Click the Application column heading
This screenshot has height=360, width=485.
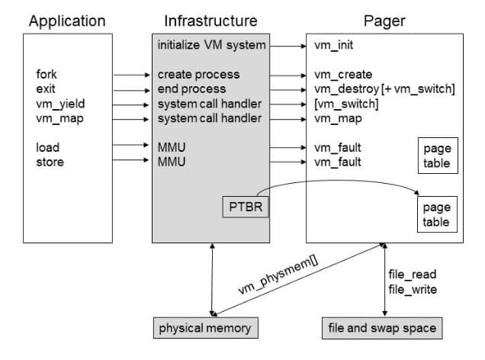tap(67, 21)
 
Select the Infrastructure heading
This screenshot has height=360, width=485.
tap(211, 21)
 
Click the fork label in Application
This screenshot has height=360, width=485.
tap(47, 75)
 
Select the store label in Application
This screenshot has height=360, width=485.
tap(50, 162)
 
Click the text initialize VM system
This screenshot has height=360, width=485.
tap(211, 45)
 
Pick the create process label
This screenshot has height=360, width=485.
tap(198, 75)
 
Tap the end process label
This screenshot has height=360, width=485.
tap(192, 89)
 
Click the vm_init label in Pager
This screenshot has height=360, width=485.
tap(333, 45)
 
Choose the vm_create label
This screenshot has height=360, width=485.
tap(343, 75)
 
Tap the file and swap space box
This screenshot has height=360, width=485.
tap(382, 328)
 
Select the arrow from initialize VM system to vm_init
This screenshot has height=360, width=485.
tap(287, 45)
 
